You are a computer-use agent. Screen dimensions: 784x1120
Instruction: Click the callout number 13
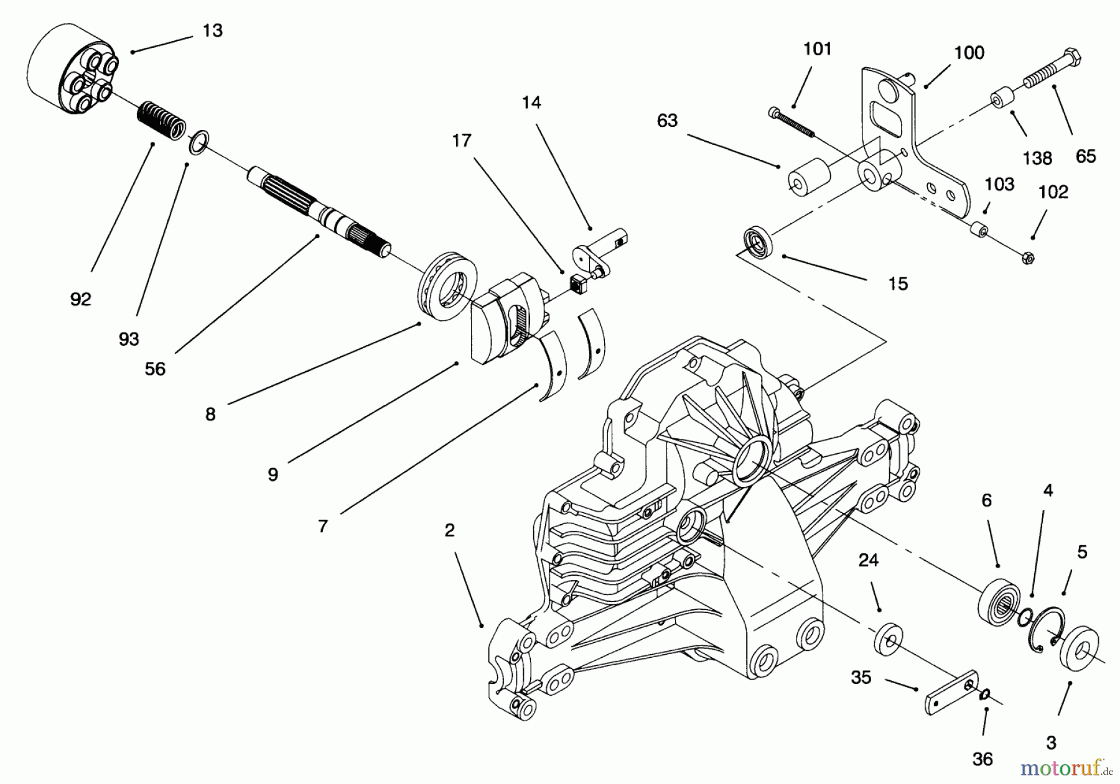[x=213, y=30]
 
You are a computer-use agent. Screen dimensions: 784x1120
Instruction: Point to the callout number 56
[x=155, y=369]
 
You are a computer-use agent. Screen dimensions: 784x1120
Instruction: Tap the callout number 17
[x=462, y=141]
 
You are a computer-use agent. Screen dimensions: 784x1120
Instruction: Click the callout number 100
[x=969, y=53]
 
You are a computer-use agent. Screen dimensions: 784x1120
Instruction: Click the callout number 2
[x=449, y=530]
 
